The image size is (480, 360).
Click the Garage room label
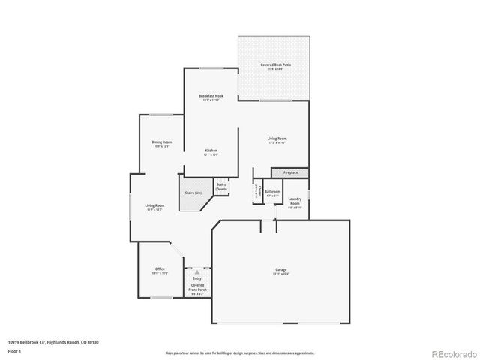point(281,271)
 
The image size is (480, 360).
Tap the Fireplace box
point(289,173)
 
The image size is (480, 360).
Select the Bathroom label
point(272,193)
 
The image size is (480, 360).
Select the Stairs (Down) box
point(221,187)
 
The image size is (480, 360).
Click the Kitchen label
point(211,152)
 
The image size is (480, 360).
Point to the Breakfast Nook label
point(211,97)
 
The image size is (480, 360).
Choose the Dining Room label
point(162,144)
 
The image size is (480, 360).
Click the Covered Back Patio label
point(276,67)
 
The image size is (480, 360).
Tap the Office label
point(160,271)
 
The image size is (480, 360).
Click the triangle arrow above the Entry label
point(197,272)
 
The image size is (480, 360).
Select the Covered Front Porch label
point(197,287)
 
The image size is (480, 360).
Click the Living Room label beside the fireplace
point(277,139)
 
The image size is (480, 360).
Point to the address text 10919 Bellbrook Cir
point(53,341)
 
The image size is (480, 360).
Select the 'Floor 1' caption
point(14,350)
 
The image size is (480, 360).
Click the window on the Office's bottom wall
point(161,298)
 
